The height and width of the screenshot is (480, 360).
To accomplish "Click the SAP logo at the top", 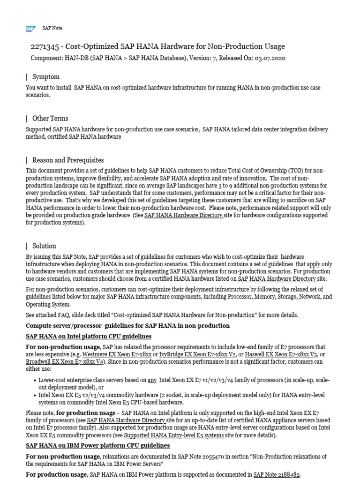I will [31, 29].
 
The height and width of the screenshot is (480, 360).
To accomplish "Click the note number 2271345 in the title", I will [45, 46].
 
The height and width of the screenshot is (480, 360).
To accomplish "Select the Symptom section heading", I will [46, 77].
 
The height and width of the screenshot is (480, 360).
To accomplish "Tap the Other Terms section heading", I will [50, 119].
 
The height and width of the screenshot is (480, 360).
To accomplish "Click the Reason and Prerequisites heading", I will [68, 160].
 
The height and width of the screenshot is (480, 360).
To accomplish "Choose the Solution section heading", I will [44, 246].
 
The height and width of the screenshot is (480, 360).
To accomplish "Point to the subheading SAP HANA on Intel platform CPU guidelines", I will [89, 337].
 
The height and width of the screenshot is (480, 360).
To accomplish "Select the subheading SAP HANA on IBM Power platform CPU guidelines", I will [97, 445].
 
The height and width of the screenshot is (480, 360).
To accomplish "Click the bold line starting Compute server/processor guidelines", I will [127, 325].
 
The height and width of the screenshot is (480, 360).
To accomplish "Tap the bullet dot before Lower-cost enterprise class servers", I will [36, 381].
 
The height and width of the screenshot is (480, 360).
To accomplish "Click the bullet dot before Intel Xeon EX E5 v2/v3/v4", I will [36, 395].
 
